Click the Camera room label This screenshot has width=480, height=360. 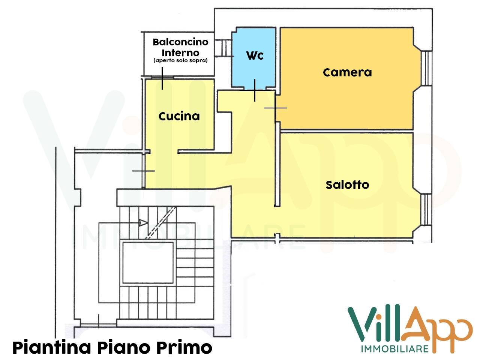(x=347, y=72)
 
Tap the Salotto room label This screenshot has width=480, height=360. (x=347, y=184)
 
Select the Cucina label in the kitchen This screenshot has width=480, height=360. (x=179, y=116)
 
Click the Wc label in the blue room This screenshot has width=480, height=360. (x=255, y=55)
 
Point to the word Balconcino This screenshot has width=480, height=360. (x=180, y=42)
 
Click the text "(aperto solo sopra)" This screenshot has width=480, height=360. (x=180, y=61)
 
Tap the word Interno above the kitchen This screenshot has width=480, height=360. (x=180, y=52)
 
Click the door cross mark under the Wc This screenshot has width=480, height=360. (x=255, y=90)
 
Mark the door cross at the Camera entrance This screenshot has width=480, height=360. (x=275, y=108)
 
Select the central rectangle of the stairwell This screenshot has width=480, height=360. (x=148, y=262)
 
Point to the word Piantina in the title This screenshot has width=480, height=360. (x=52, y=347)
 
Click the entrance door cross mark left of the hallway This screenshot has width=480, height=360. (x=144, y=171)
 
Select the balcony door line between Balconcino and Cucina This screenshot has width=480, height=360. (x=162, y=78)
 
